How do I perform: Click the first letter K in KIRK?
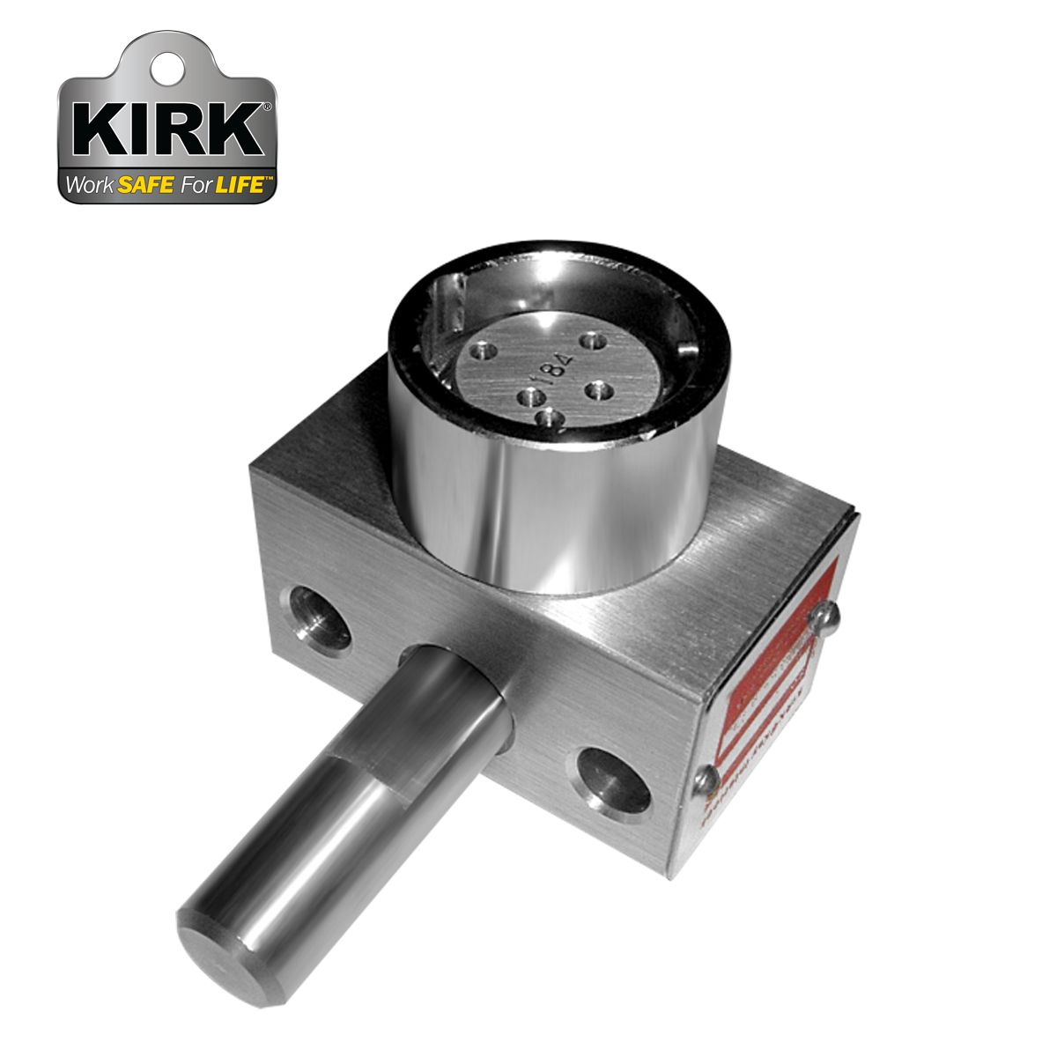click(98, 130)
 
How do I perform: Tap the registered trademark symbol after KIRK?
click(267, 107)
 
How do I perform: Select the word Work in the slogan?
click(90, 186)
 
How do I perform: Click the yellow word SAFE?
click(145, 186)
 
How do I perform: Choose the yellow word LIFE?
click(240, 186)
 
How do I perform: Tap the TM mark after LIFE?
click(270, 179)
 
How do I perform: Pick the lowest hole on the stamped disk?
click(549, 419)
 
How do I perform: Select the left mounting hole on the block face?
click(314, 616)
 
